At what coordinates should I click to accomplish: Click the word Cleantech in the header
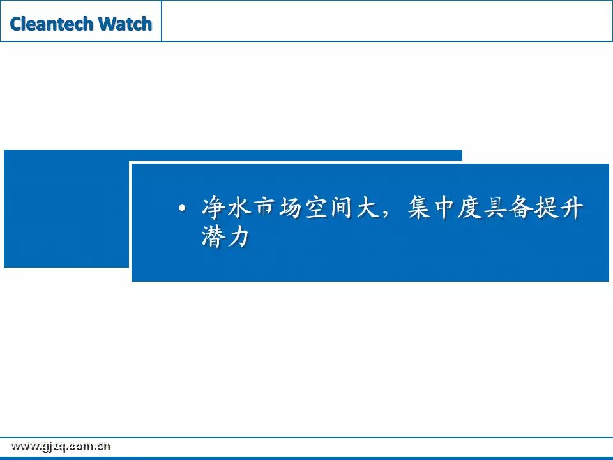coord(52,24)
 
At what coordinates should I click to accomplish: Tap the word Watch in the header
coord(125,24)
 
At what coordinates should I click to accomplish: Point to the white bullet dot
coord(182,208)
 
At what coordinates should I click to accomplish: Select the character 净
coord(213,207)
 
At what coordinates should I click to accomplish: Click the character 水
coord(239,207)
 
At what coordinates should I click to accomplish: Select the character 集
coord(419,207)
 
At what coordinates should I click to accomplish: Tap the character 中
coord(445,207)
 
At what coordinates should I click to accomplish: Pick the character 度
coord(471,207)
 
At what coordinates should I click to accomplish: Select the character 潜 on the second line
coord(213,236)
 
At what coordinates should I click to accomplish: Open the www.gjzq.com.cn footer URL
coord(60,447)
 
